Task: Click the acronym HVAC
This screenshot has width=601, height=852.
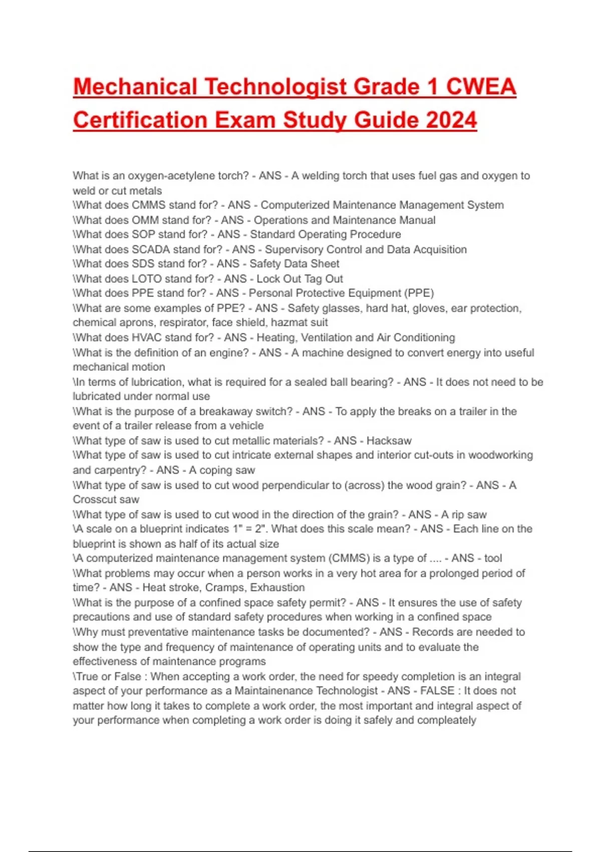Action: pos(148,337)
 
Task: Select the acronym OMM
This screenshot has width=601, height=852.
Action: pos(145,220)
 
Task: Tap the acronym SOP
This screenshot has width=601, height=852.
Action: pos(143,235)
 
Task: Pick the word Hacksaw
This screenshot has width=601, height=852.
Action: pos(389,441)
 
